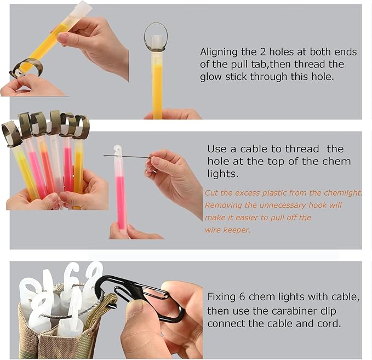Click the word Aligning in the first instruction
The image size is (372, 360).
219,53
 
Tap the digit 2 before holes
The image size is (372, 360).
262,52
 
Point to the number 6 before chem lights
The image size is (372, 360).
242,296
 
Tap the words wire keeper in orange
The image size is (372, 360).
227,230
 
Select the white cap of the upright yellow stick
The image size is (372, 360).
156,43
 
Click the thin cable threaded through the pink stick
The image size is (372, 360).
127,157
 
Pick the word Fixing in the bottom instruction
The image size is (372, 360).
221,297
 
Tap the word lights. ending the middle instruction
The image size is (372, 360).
223,174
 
